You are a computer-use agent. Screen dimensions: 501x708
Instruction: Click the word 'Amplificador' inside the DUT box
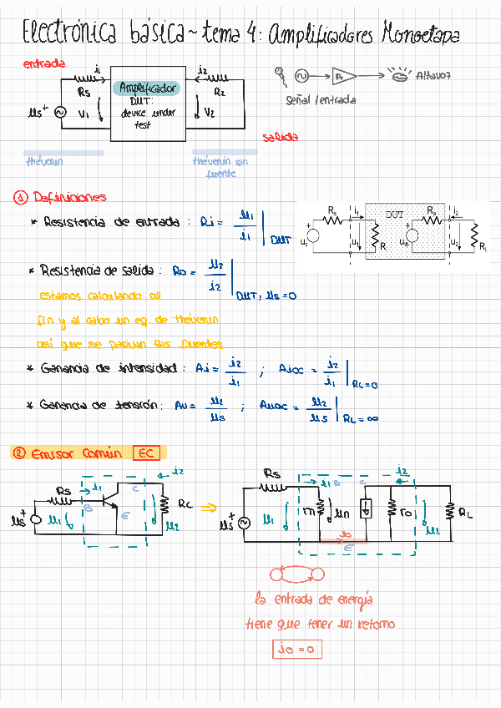[147, 88]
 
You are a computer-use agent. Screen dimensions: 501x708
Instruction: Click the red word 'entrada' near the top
[44, 63]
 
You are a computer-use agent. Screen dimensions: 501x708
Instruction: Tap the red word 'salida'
[280, 138]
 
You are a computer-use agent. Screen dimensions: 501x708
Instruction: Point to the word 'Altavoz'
[433, 76]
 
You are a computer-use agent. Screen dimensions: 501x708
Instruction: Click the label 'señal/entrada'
[321, 99]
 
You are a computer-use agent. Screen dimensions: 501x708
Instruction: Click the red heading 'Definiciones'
[69, 198]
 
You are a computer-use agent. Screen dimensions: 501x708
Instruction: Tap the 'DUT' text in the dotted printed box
[394, 215]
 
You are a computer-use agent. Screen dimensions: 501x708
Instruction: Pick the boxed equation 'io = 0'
[296, 649]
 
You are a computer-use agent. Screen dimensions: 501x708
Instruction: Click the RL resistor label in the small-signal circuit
[465, 515]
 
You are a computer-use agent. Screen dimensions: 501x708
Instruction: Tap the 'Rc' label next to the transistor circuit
[185, 504]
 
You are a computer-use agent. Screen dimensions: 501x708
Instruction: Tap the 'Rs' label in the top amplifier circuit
[83, 93]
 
